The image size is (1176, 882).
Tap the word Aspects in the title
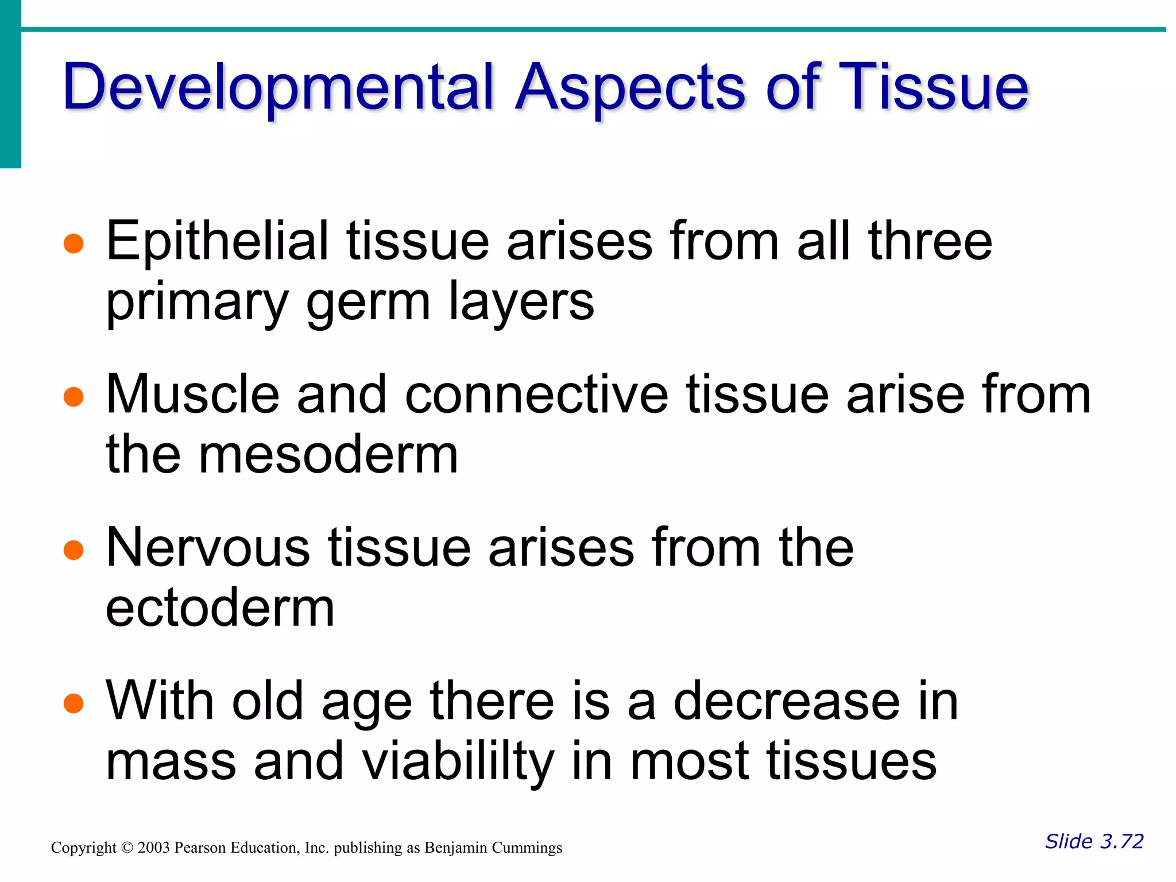630,87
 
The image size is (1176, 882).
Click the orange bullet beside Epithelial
74,243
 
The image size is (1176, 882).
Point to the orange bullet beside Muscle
74,396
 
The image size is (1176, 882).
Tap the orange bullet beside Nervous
74,550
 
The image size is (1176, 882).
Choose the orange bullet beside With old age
74,703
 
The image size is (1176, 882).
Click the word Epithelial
218,241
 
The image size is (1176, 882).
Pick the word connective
537,394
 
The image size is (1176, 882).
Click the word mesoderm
328,455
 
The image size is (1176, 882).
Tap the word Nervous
208,548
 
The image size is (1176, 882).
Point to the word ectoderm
220,608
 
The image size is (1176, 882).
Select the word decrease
787,701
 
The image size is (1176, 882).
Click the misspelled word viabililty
460,762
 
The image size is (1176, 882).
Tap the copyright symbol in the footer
127,848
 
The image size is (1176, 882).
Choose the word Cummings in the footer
530,848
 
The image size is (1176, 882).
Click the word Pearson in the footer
200,848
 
